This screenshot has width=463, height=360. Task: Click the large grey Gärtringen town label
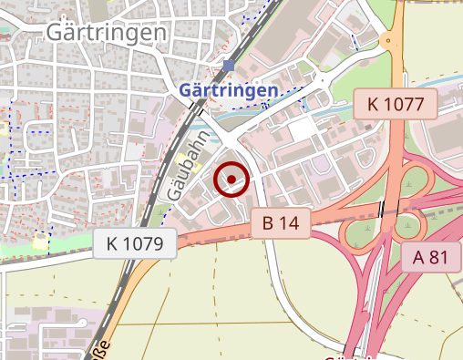106,34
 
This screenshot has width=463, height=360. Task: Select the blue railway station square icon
229,66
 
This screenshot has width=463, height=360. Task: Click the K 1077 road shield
396,104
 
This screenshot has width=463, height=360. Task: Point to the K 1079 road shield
134,243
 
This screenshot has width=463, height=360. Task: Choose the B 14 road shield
282,221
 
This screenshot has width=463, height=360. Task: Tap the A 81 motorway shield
431,257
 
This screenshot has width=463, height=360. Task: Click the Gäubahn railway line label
184,165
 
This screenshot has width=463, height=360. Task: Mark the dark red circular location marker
232,180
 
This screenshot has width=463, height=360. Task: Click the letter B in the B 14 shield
268,221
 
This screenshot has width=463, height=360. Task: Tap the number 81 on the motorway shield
438,257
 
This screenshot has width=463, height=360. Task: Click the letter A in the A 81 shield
419,257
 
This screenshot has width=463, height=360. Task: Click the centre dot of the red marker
232,180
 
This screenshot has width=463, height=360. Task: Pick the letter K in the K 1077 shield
374,104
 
